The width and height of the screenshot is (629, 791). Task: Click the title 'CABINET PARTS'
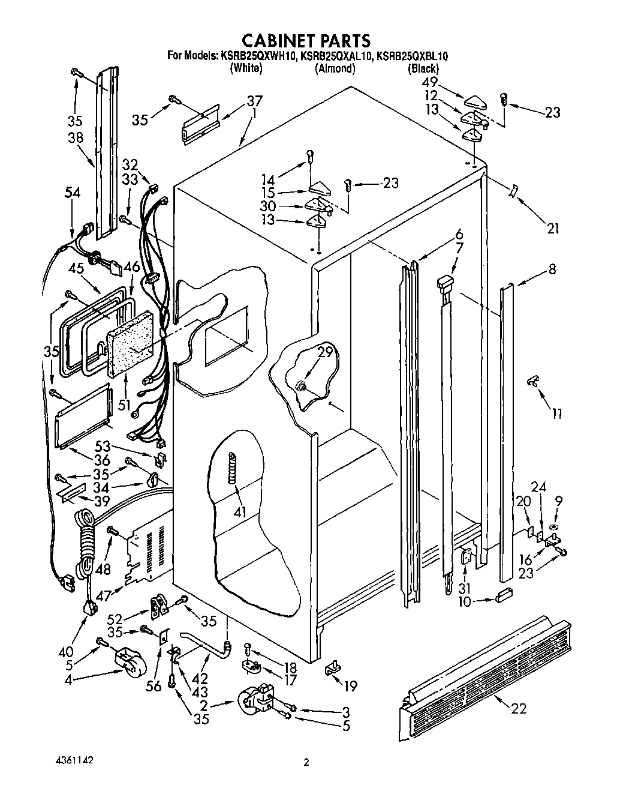click(x=306, y=40)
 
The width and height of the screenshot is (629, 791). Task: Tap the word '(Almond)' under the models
click(x=335, y=68)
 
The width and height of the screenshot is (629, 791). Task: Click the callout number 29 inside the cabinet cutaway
click(x=324, y=353)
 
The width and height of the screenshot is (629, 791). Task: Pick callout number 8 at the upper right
click(x=552, y=269)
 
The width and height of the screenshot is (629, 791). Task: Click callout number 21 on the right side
click(x=552, y=228)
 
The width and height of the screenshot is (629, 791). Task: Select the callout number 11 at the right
click(x=557, y=414)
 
